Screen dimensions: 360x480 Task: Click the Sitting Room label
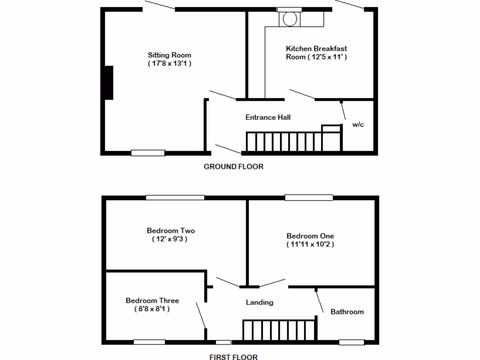point(170,55)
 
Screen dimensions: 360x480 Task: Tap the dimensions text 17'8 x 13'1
point(170,63)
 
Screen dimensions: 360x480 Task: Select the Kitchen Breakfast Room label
point(316,48)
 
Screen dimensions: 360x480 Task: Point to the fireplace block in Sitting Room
point(109,82)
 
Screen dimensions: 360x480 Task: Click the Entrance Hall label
point(268,117)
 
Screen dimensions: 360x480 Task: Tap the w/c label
point(358,125)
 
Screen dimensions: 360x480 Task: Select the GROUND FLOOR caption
point(233,166)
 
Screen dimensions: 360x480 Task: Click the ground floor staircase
point(286,142)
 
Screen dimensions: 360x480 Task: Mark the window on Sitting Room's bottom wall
point(148,152)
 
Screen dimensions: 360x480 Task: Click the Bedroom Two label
point(171,231)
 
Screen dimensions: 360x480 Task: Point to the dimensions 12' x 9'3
point(171,239)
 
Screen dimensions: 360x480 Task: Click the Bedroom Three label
point(152,300)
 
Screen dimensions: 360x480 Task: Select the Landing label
point(260,302)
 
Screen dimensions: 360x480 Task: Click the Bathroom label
point(347,312)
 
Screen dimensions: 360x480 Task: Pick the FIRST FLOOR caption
point(233,357)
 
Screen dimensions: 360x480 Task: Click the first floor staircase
point(279,330)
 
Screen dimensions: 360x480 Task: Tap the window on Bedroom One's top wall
point(309,197)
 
